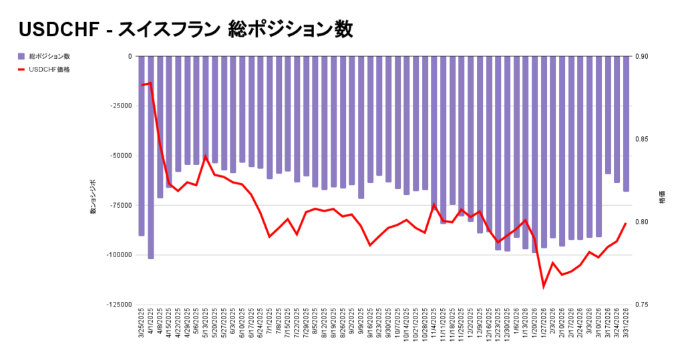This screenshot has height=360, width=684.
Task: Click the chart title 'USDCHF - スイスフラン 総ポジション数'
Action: click(x=186, y=29)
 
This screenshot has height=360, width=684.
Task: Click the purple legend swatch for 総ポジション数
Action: click(x=21, y=56)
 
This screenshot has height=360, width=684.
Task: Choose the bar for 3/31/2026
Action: click(x=626, y=124)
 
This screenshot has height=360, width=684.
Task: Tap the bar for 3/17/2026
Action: click(x=608, y=115)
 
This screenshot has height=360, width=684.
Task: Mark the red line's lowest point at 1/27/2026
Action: click(x=544, y=287)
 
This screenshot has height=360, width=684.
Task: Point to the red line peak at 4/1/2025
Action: click(x=151, y=83)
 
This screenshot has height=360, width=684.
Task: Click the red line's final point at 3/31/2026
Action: click(x=626, y=224)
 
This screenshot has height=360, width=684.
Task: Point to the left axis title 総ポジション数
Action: click(x=93, y=197)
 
